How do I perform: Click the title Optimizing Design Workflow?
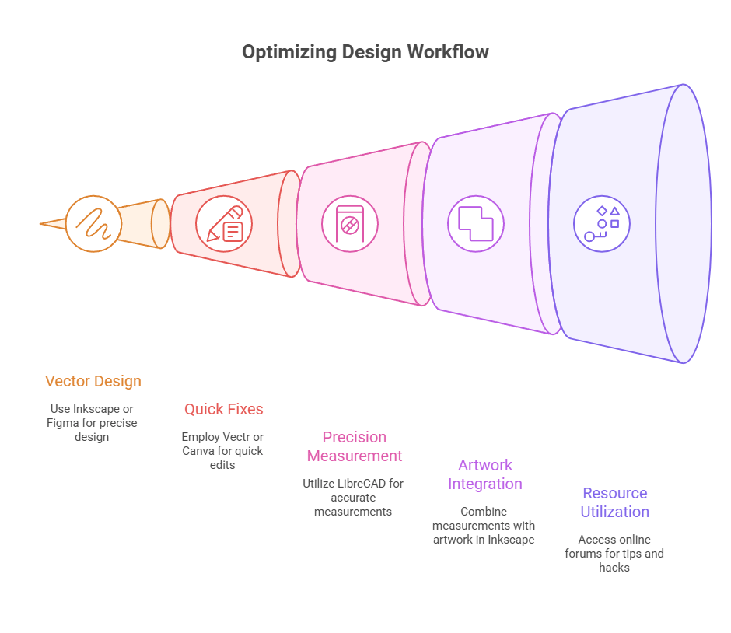click(x=365, y=52)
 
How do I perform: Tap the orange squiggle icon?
click(x=93, y=224)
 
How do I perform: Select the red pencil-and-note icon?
click(x=224, y=224)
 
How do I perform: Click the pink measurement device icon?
click(x=350, y=224)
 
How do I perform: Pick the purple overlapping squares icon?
click(x=476, y=224)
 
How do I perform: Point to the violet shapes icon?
click(x=602, y=224)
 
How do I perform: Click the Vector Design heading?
click(x=93, y=381)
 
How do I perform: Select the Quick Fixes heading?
click(x=224, y=409)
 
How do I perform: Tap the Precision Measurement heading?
click(x=355, y=446)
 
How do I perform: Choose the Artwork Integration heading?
click(x=485, y=474)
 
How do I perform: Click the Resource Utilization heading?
click(x=615, y=502)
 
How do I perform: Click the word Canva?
click(x=198, y=451)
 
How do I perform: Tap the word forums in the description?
click(x=600, y=554)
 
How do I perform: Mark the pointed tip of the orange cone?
click(x=42, y=224)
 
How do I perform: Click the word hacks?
click(x=614, y=568)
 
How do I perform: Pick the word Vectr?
click(x=236, y=437)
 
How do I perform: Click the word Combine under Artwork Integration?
click(x=484, y=512)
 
